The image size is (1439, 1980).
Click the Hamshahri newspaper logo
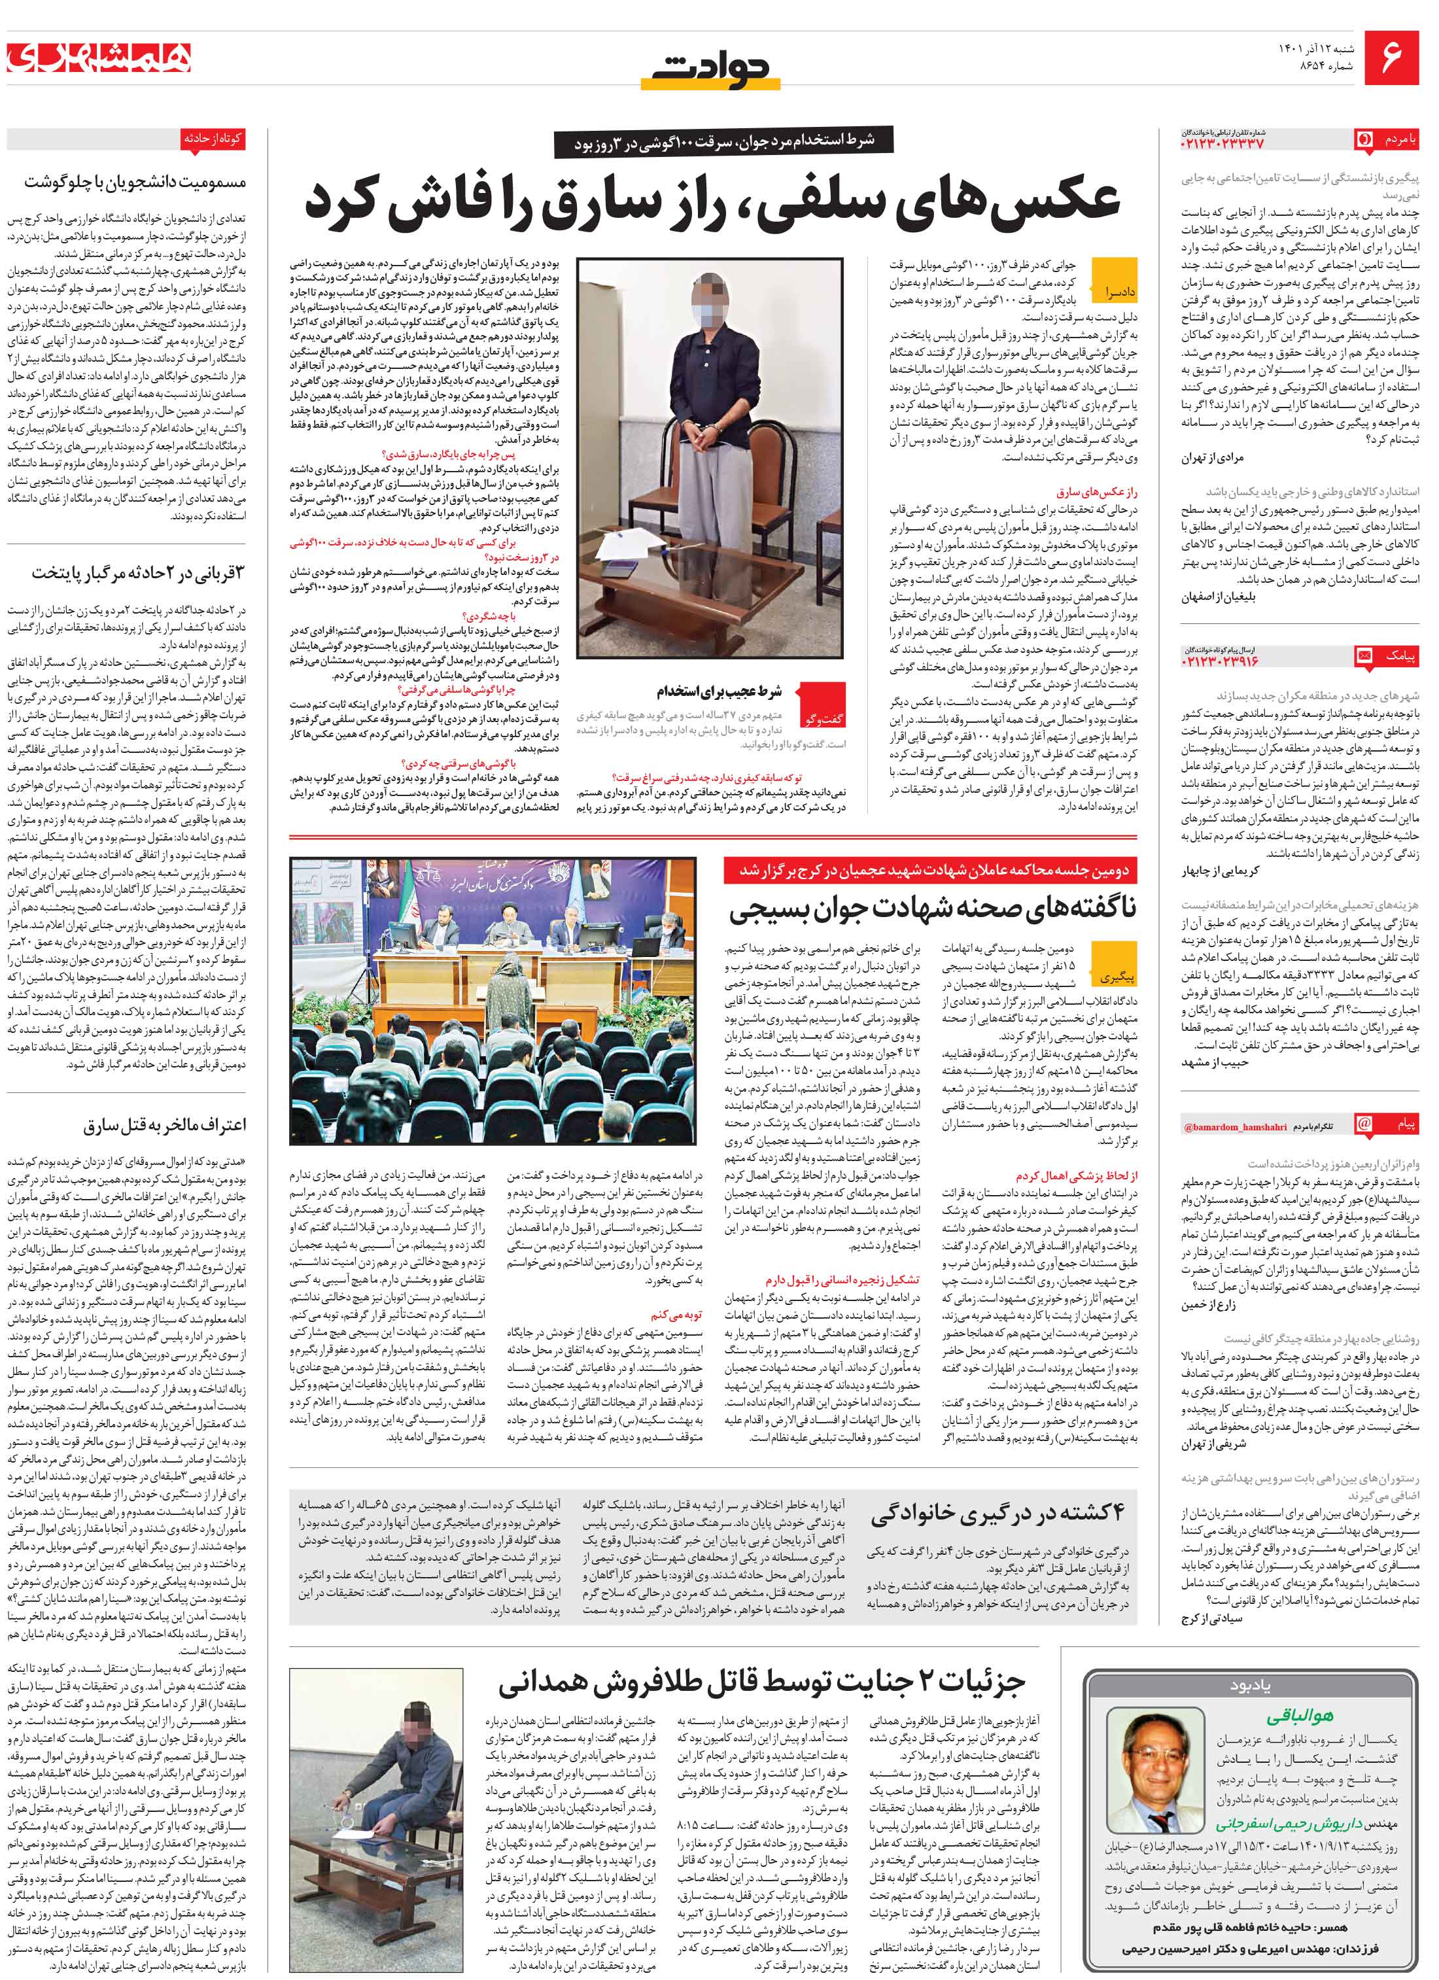click(x=99, y=58)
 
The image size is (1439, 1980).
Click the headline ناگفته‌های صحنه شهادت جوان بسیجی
click(x=933, y=909)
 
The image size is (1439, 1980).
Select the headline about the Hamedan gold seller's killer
click(x=761, y=1680)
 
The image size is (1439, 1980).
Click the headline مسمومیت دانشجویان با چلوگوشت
click(x=135, y=182)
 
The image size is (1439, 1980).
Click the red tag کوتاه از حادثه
click(x=212, y=138)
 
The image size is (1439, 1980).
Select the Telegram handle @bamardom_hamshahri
click(x=1235, y=1127)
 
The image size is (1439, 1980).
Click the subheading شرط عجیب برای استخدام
click(x=719, y=691)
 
